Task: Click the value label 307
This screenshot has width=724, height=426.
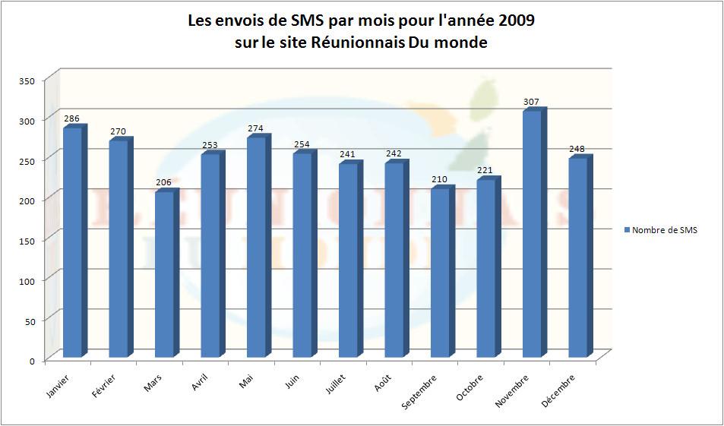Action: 531,101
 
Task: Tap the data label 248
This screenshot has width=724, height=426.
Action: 577,149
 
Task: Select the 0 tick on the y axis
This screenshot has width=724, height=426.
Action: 33,361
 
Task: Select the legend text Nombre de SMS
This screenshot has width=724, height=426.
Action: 664,230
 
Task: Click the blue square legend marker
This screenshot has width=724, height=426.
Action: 626,230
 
